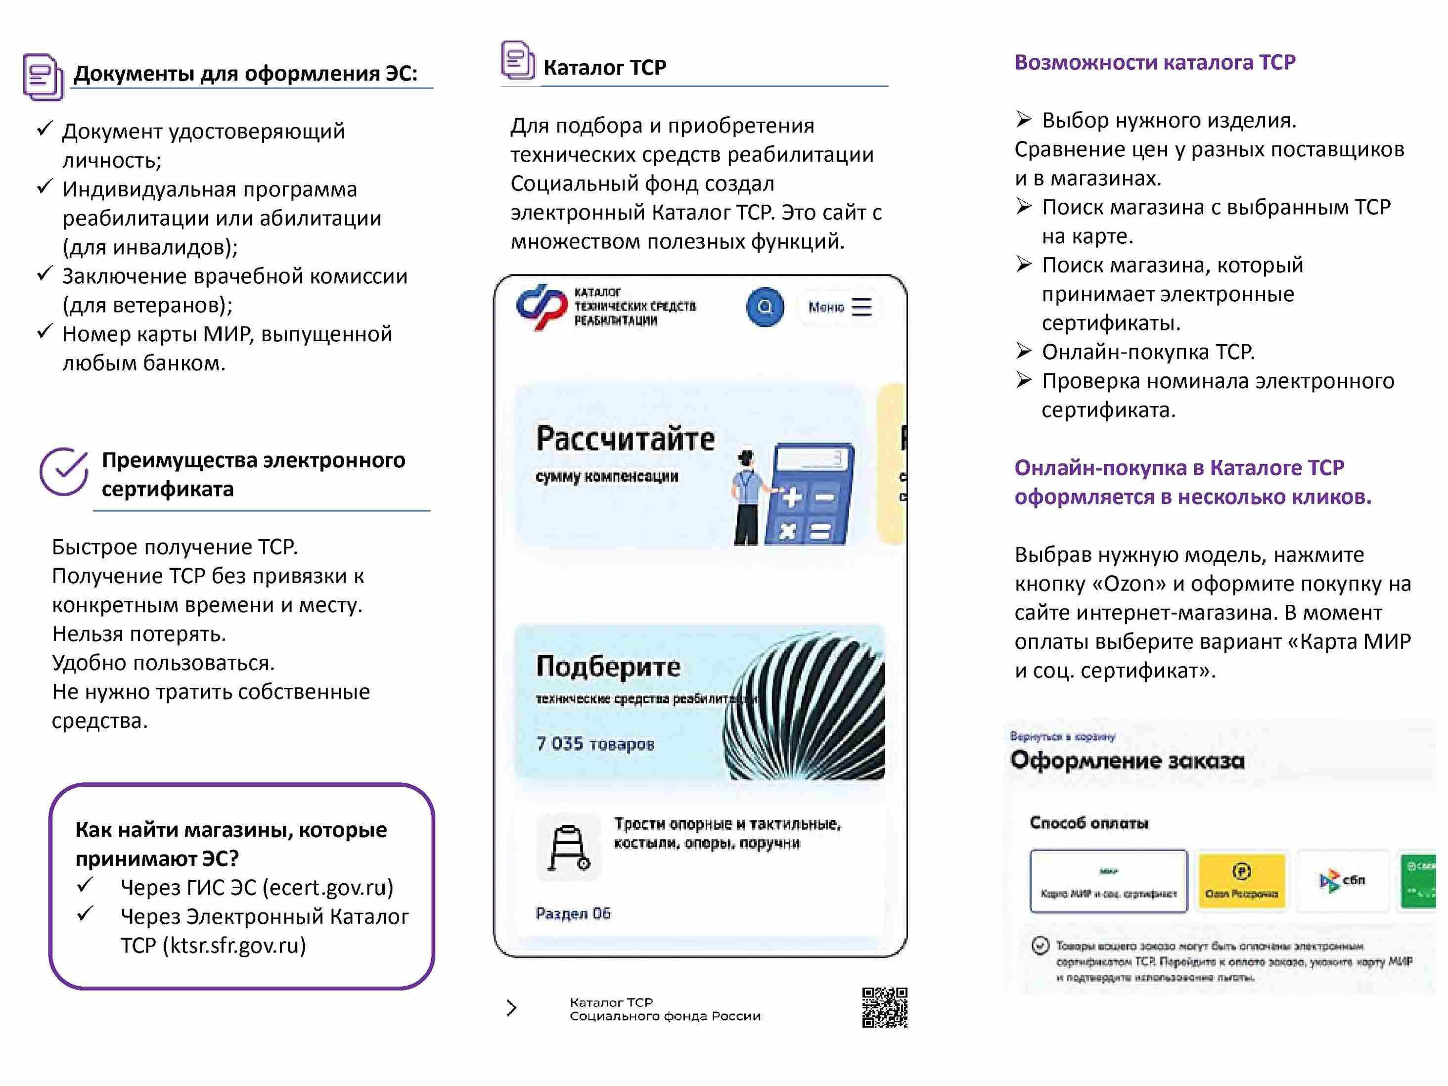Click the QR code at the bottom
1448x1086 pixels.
[884, 1007]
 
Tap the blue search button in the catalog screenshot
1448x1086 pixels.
[765, 307]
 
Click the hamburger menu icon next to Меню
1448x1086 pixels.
[861, 307]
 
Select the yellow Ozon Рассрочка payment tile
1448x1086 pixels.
[1241, 880]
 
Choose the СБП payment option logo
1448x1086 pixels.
[1342, 880]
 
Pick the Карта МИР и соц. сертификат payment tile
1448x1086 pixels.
[1108, 880]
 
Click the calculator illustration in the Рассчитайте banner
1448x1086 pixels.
[812, 494]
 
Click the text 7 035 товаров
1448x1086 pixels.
[595, 744]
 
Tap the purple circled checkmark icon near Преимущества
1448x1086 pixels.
[63, 471]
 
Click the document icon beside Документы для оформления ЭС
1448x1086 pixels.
[43, 77]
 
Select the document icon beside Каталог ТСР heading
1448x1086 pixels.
[518, 60]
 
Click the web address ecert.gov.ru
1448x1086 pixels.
[327, 887]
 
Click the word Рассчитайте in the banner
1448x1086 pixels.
[625, 439]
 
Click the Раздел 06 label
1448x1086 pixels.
[573, 913]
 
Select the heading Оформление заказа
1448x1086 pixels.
[1127, 761]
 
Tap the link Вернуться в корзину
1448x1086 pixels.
[1062, 736]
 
